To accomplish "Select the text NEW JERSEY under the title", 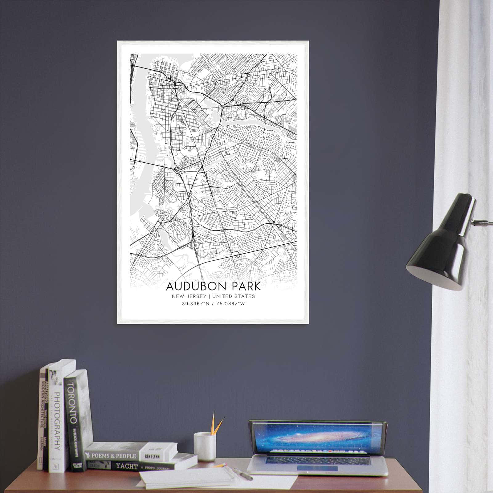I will coord(189,296).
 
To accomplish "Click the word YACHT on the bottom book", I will coord(126,466).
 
